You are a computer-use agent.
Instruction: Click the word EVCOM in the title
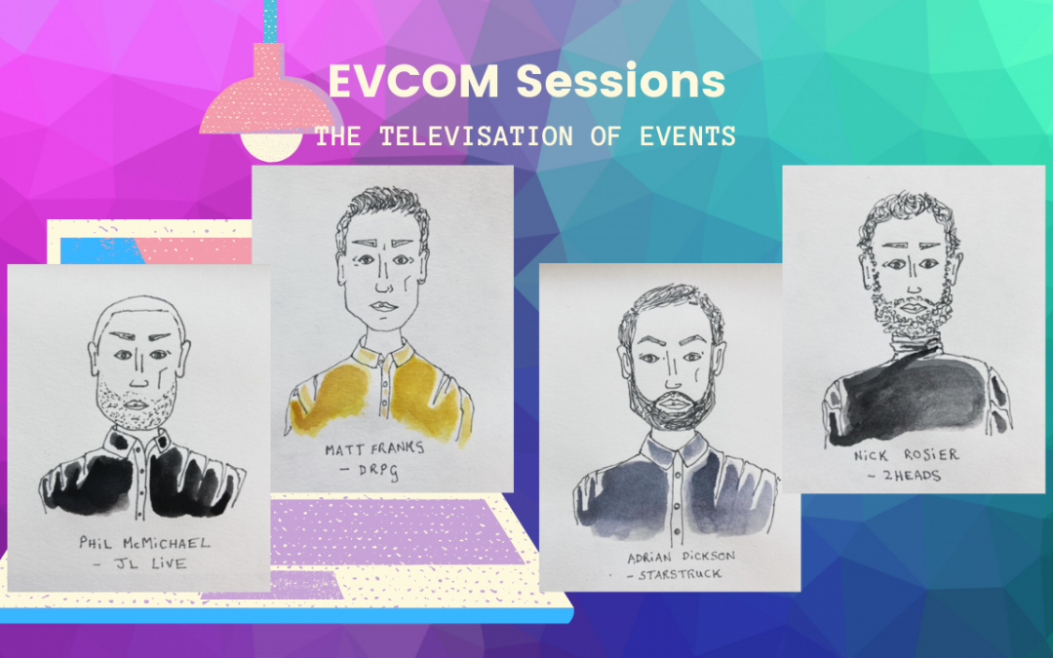point(413,81)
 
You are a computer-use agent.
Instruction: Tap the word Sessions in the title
point(621,81)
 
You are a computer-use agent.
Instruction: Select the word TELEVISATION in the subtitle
point(476,136)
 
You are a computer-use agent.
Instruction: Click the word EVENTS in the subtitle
point(687,136)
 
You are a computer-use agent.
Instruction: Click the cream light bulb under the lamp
point(271,145)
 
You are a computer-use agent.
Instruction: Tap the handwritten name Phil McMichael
point(144,543)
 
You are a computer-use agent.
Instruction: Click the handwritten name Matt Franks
point(374,447)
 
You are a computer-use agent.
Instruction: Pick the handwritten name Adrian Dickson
point(681,557)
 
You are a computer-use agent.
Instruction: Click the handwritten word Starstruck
point(680,575)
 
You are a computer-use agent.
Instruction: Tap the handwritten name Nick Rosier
point(906,455)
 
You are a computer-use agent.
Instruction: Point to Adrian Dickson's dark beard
point(672,401)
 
